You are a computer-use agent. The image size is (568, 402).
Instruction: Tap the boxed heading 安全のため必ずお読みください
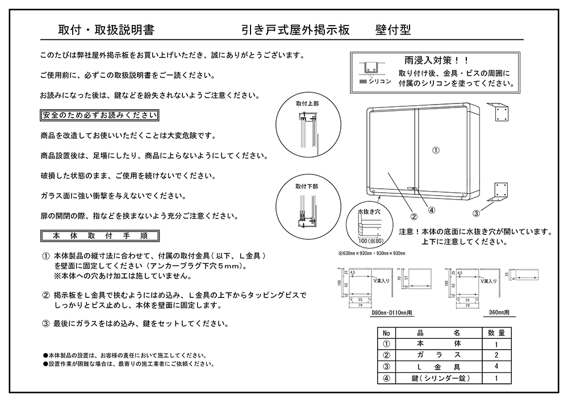pyautogui.click(x=99, y=115)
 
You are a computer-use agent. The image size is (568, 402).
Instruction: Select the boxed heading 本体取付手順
pyautogui.click(x=99, y=235)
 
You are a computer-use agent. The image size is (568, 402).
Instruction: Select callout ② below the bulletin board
pyautogui.click(x=414, y=216)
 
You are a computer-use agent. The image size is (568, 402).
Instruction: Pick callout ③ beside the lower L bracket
pyautogui.click(x=477, y=213)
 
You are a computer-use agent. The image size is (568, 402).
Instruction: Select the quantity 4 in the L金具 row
pyautogui.click(x=496, y=366)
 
